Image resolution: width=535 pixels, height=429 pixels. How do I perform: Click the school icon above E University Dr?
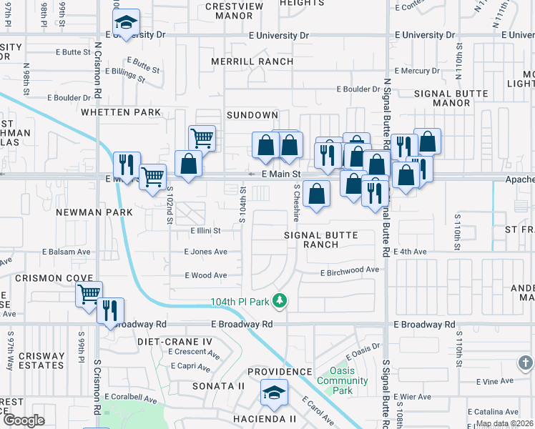coord(127,24)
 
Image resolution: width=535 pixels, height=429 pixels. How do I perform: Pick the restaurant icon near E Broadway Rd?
coord(110,311)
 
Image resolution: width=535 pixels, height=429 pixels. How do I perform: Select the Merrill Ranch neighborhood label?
coord(252,61)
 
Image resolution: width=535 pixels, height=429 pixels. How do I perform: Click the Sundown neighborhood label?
coord(252,115)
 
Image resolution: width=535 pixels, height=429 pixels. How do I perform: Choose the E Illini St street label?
coord(205,231)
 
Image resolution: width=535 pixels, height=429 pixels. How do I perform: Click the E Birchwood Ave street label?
coord(349,270)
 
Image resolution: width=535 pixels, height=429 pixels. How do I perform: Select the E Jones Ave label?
coord(205,252)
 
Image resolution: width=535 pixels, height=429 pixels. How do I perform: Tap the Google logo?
coord(24,420)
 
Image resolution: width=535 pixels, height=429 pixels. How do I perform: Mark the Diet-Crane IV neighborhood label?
coord(175,342)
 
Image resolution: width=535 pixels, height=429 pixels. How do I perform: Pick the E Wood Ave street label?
coord(205,275)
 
